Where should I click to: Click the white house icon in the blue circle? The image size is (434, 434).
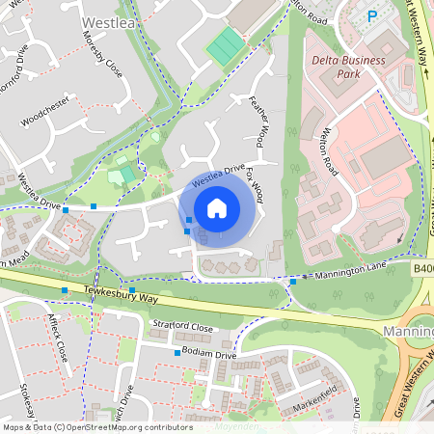coord(217,207)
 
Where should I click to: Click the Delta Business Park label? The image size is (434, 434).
coord(347,68)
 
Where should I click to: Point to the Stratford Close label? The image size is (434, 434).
coord(182,327)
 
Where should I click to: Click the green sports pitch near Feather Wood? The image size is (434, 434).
coord(226,44)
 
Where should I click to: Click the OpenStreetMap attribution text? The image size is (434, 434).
coord(96,426)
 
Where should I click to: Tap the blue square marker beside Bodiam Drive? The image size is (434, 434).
coord(177,353)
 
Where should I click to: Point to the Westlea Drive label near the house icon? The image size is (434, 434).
coord(218,176)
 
